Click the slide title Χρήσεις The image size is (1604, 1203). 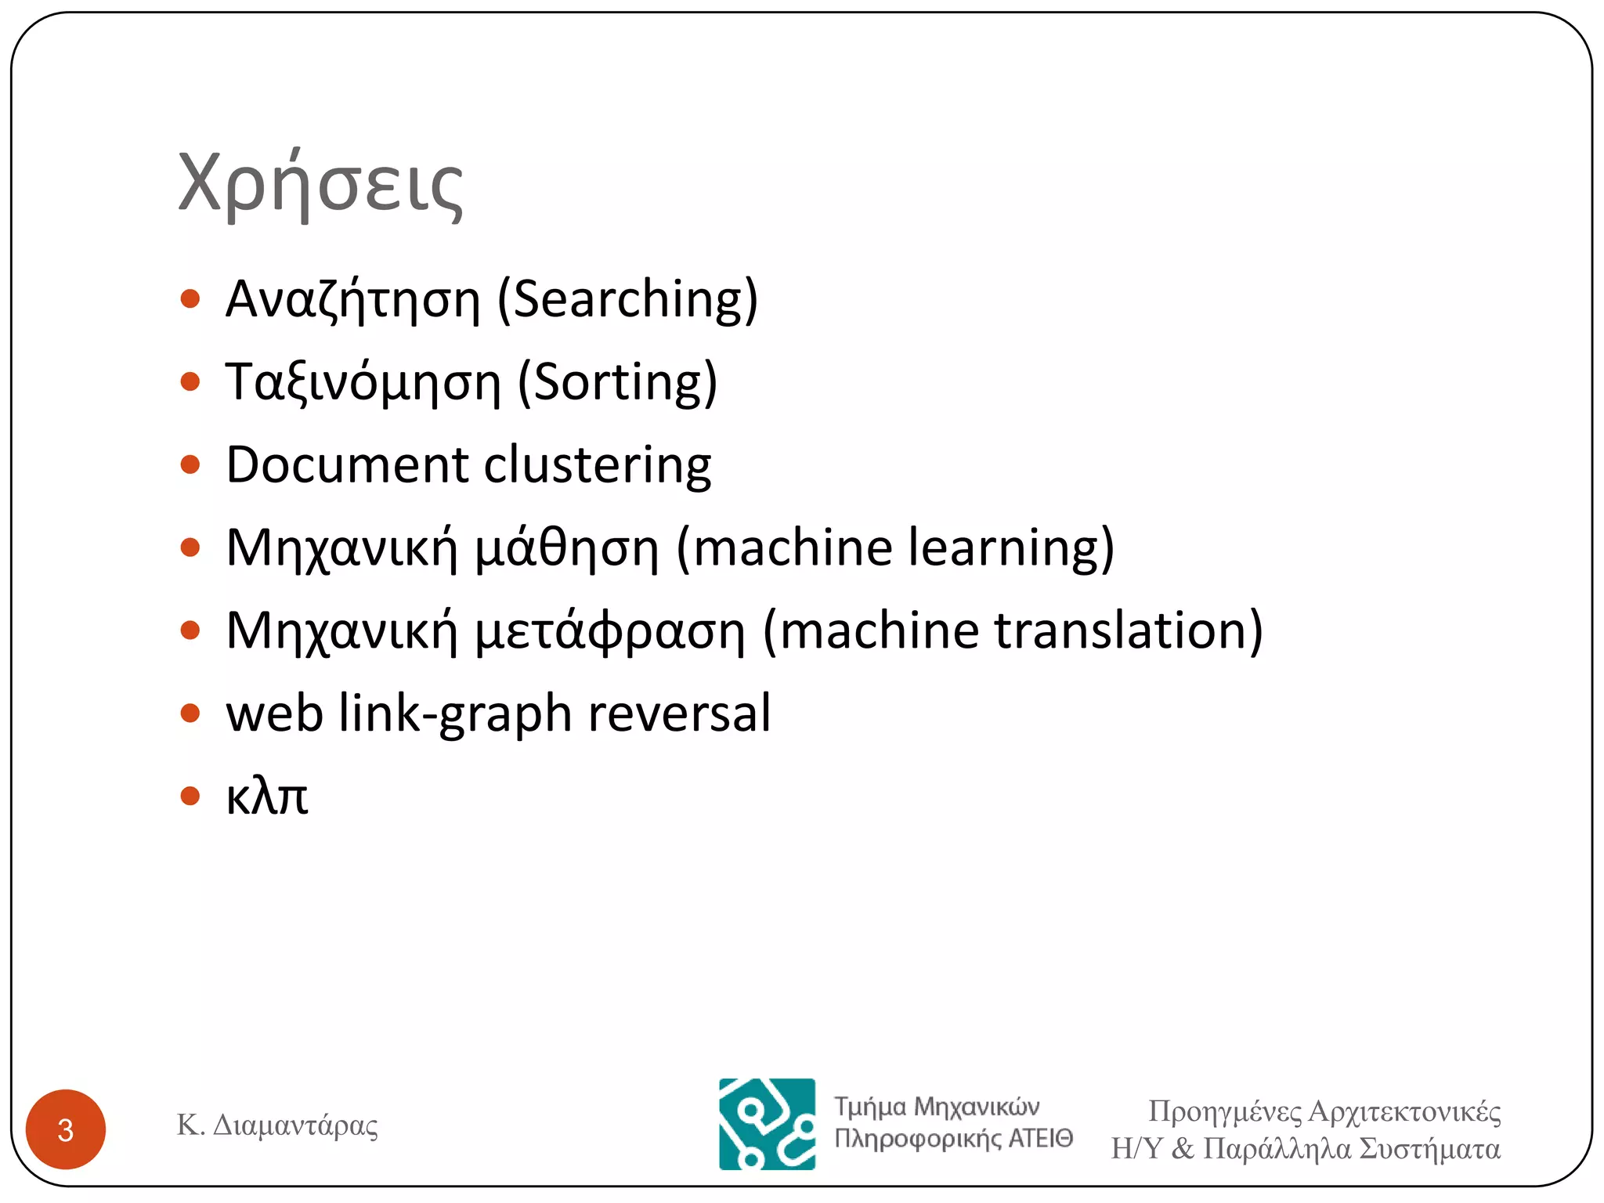point(320,185)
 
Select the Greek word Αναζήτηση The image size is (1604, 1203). point(352,301)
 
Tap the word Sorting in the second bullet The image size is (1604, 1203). point(617,382)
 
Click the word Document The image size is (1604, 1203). point(347,464)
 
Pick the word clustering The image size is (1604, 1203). point(598,466)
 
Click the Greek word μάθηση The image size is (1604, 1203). point(567,548)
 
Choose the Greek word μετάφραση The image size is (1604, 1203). point(610,632)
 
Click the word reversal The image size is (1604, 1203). point(679,713)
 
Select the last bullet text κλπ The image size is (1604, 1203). point(267,797)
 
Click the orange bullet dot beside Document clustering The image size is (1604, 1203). point(190,465)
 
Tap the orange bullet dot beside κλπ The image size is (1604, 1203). point(190,797)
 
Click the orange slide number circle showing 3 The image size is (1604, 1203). point(66,1129)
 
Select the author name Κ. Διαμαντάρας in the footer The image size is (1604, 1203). point(277,1125)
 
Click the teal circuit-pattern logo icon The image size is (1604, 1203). point(767,1124)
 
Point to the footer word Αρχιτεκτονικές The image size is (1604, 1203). point(1404,1112)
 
